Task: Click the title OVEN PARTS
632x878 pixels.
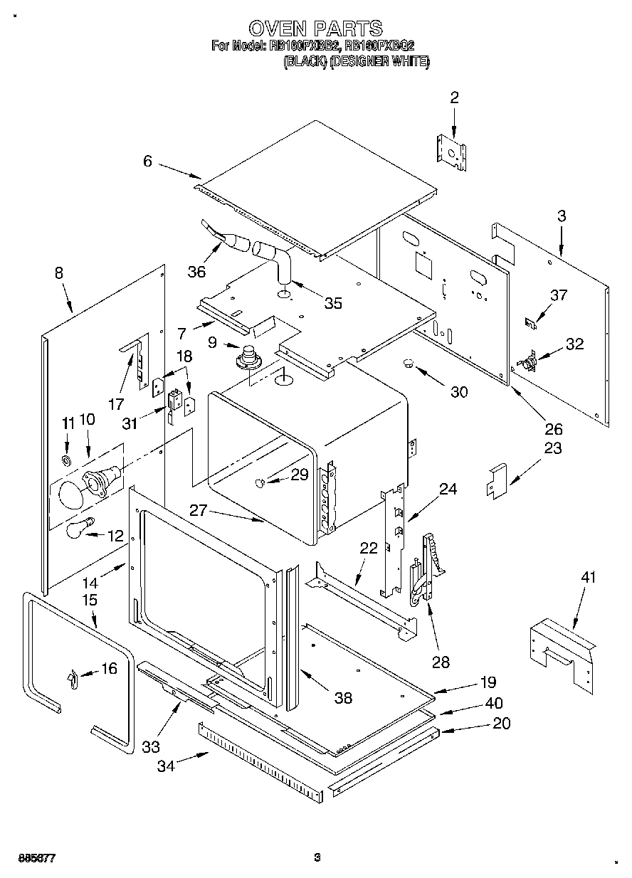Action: (x=315, y=28)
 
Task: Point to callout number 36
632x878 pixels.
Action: (x=196, y=271)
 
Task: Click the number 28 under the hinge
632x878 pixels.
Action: (x=441, y=662)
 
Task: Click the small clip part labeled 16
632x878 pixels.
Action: (x=72, y=681)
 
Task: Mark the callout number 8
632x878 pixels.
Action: (x=58, y=272)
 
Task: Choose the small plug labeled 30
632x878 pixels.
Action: (x=409, y=364)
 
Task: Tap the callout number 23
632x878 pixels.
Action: (x=552, y=448)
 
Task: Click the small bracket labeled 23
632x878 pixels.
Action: (x=496, y=480)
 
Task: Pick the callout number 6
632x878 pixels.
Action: (x=147, y=162)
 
